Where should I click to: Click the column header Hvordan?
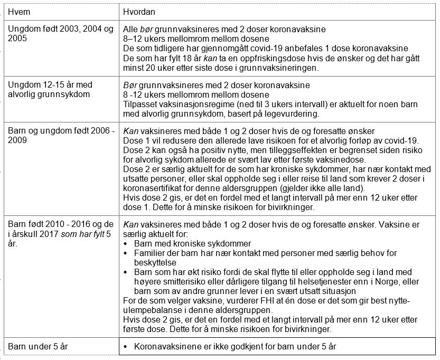tap(136, 11)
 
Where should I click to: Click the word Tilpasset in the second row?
tap(139, 105)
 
